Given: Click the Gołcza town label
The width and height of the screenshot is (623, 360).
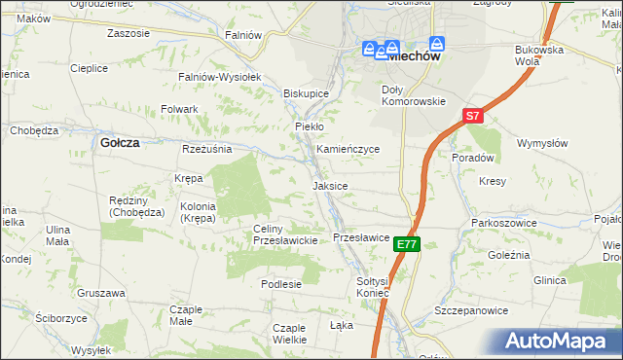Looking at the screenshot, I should point(120,142).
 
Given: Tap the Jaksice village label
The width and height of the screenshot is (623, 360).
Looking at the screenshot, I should point(330,185).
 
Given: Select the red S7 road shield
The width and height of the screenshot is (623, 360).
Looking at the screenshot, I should point(472,116).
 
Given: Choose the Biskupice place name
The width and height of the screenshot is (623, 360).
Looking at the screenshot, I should point(306,93).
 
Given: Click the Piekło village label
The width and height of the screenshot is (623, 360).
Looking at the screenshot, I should point(309,126).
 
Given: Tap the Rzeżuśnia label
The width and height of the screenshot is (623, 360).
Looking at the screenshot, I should point(206,149).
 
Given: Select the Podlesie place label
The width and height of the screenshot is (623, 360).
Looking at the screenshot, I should point(281,284).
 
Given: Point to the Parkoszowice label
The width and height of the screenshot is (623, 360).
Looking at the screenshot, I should point(500,223).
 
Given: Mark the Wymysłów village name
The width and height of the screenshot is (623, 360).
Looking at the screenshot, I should point(542,143).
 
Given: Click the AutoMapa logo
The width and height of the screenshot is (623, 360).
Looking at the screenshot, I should point(560,342).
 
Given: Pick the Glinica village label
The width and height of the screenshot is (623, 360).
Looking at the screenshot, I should point(549,280).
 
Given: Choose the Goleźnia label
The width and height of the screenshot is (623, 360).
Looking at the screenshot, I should point(508,254).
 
